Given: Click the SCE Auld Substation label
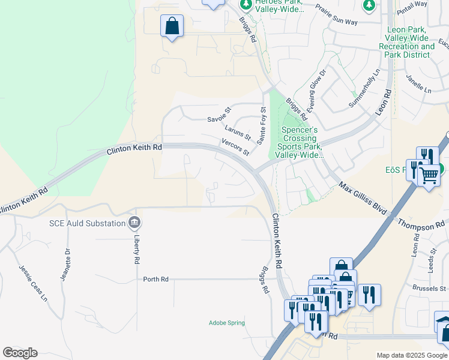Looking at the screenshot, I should pyautogui.click(x=86, y=224).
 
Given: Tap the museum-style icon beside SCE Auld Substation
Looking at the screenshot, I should pyautogui.click(x=135, y=224).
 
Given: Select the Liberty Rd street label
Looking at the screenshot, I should pyautogui.click(x=137, y=250).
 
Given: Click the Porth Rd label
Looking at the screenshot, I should pyautogui.click(x=155, y=279).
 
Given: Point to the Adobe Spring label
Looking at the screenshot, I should pyautogui.click(x=226, y=323).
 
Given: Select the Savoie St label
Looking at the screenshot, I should pyautogui.click(x=219, y=115).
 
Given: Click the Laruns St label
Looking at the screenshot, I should pyautogui.click(x=238, y=133).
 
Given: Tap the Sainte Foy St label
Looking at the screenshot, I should pyautogui.click(x=262, y=125).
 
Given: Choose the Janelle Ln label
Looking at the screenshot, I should pyautogui.click(x=419, y=85).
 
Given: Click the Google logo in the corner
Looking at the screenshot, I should pyautogui.click(x=20, y=353).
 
